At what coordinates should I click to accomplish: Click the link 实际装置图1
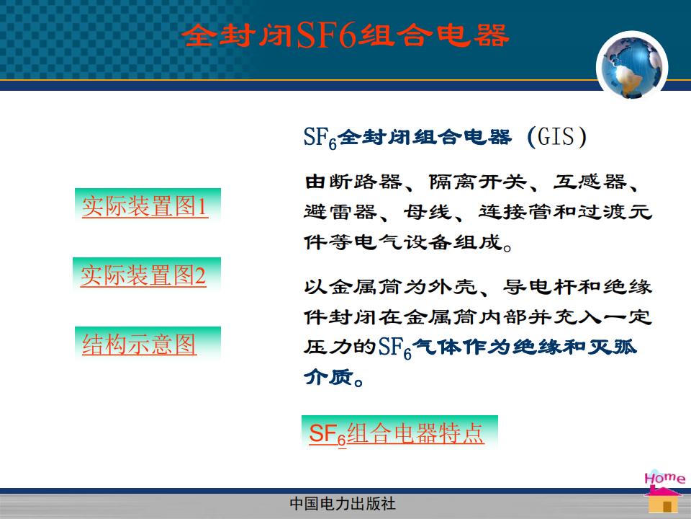click(145, 206)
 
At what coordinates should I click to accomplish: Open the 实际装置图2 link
click(143, 275)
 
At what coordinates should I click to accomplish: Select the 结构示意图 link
click(139, 345)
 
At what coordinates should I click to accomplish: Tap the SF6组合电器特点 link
click(397, 433)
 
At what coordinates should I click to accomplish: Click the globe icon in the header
click(632, 67)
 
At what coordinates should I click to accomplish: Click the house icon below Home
click(664, 500)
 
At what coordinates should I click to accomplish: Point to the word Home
click(664, 477)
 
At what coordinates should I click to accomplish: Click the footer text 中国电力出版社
click(343, 504)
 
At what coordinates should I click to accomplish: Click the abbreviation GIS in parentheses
click(556, 136)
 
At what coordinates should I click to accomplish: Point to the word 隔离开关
click(478, 182)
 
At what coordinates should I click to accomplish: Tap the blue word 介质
click(328, 376)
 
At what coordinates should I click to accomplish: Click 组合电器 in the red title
click(433, 35)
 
